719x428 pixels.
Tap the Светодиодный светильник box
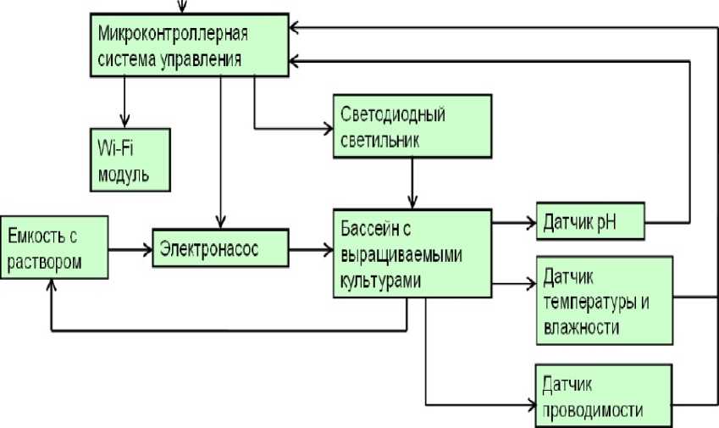tap(411, 126)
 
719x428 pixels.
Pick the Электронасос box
tap(219, 249)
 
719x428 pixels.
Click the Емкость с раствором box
tap(55, 246)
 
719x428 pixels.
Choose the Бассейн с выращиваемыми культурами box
tap(412, 253)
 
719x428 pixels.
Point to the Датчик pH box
tap(591, 222)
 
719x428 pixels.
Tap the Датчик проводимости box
tap(604, 394)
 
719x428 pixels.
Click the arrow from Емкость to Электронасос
tap(131, 249)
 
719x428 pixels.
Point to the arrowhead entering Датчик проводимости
tap(530, 401)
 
